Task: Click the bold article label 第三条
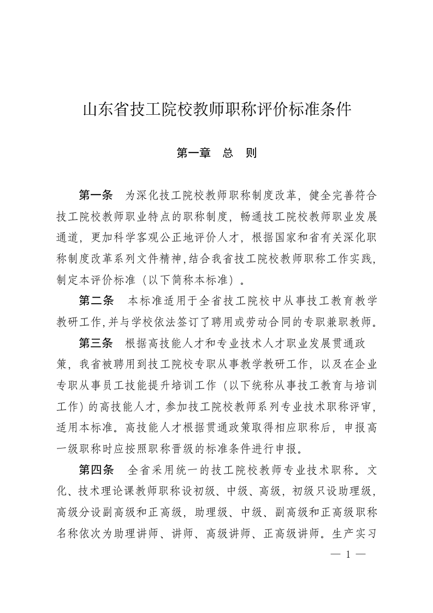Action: pyautogui.click(x=96, y=343)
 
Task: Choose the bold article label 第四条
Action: pyautogui.click(x=96, y=469)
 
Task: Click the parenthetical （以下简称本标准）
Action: pyautogui.click(x=183, y=279)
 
